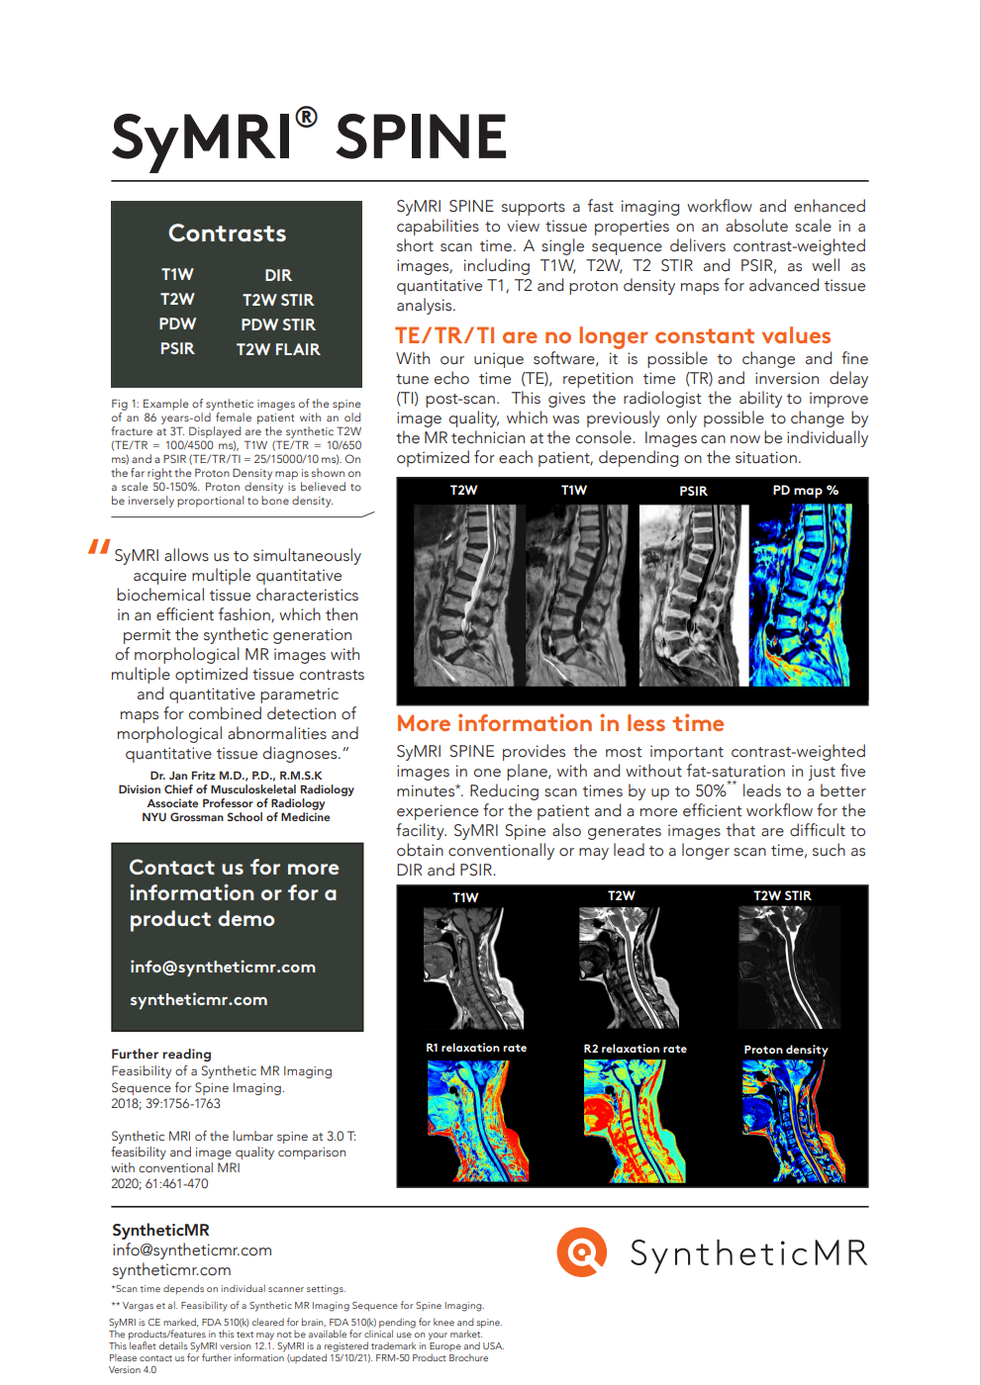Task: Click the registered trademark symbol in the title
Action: pyautogui.click(x=307, y=118)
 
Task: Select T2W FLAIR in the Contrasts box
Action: pyautogui.click(x=278, y=349)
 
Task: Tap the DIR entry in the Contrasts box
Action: pyautogui.click(x=278, y=275)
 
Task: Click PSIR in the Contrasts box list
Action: pyautogui.click(x=177, y=348)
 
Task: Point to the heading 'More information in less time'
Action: pyautogui.click(x=560, y=723)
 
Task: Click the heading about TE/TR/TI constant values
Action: pyautogui.click(x=613, y=335)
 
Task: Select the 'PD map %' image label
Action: pyautogui.click(x=805, y=491)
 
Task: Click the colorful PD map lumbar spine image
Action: pyautogui.click(x=801, y=595)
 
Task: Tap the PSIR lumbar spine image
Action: pyautogui.click(x=693, y=595)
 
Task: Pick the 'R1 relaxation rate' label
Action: pyautogui.click(x=476, y=1048)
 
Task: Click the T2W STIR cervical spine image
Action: pyautogui.click(x=789, y=968)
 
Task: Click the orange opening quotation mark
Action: pyautogui.click(x=98, y=546)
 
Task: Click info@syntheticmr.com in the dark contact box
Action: pyautogui.click(x=223, y=967)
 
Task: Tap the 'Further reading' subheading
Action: pyautogui.click(x=161, y=1054)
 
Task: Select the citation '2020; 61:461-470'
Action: pyautogui.click(x=159, y=1183)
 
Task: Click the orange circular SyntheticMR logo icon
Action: pyautogui.click(x=582, y=1252)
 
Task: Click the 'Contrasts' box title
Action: pyautogui.click(x=227, y=233)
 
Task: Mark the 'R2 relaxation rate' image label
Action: pyautogui.click(x=635, y=1049)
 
